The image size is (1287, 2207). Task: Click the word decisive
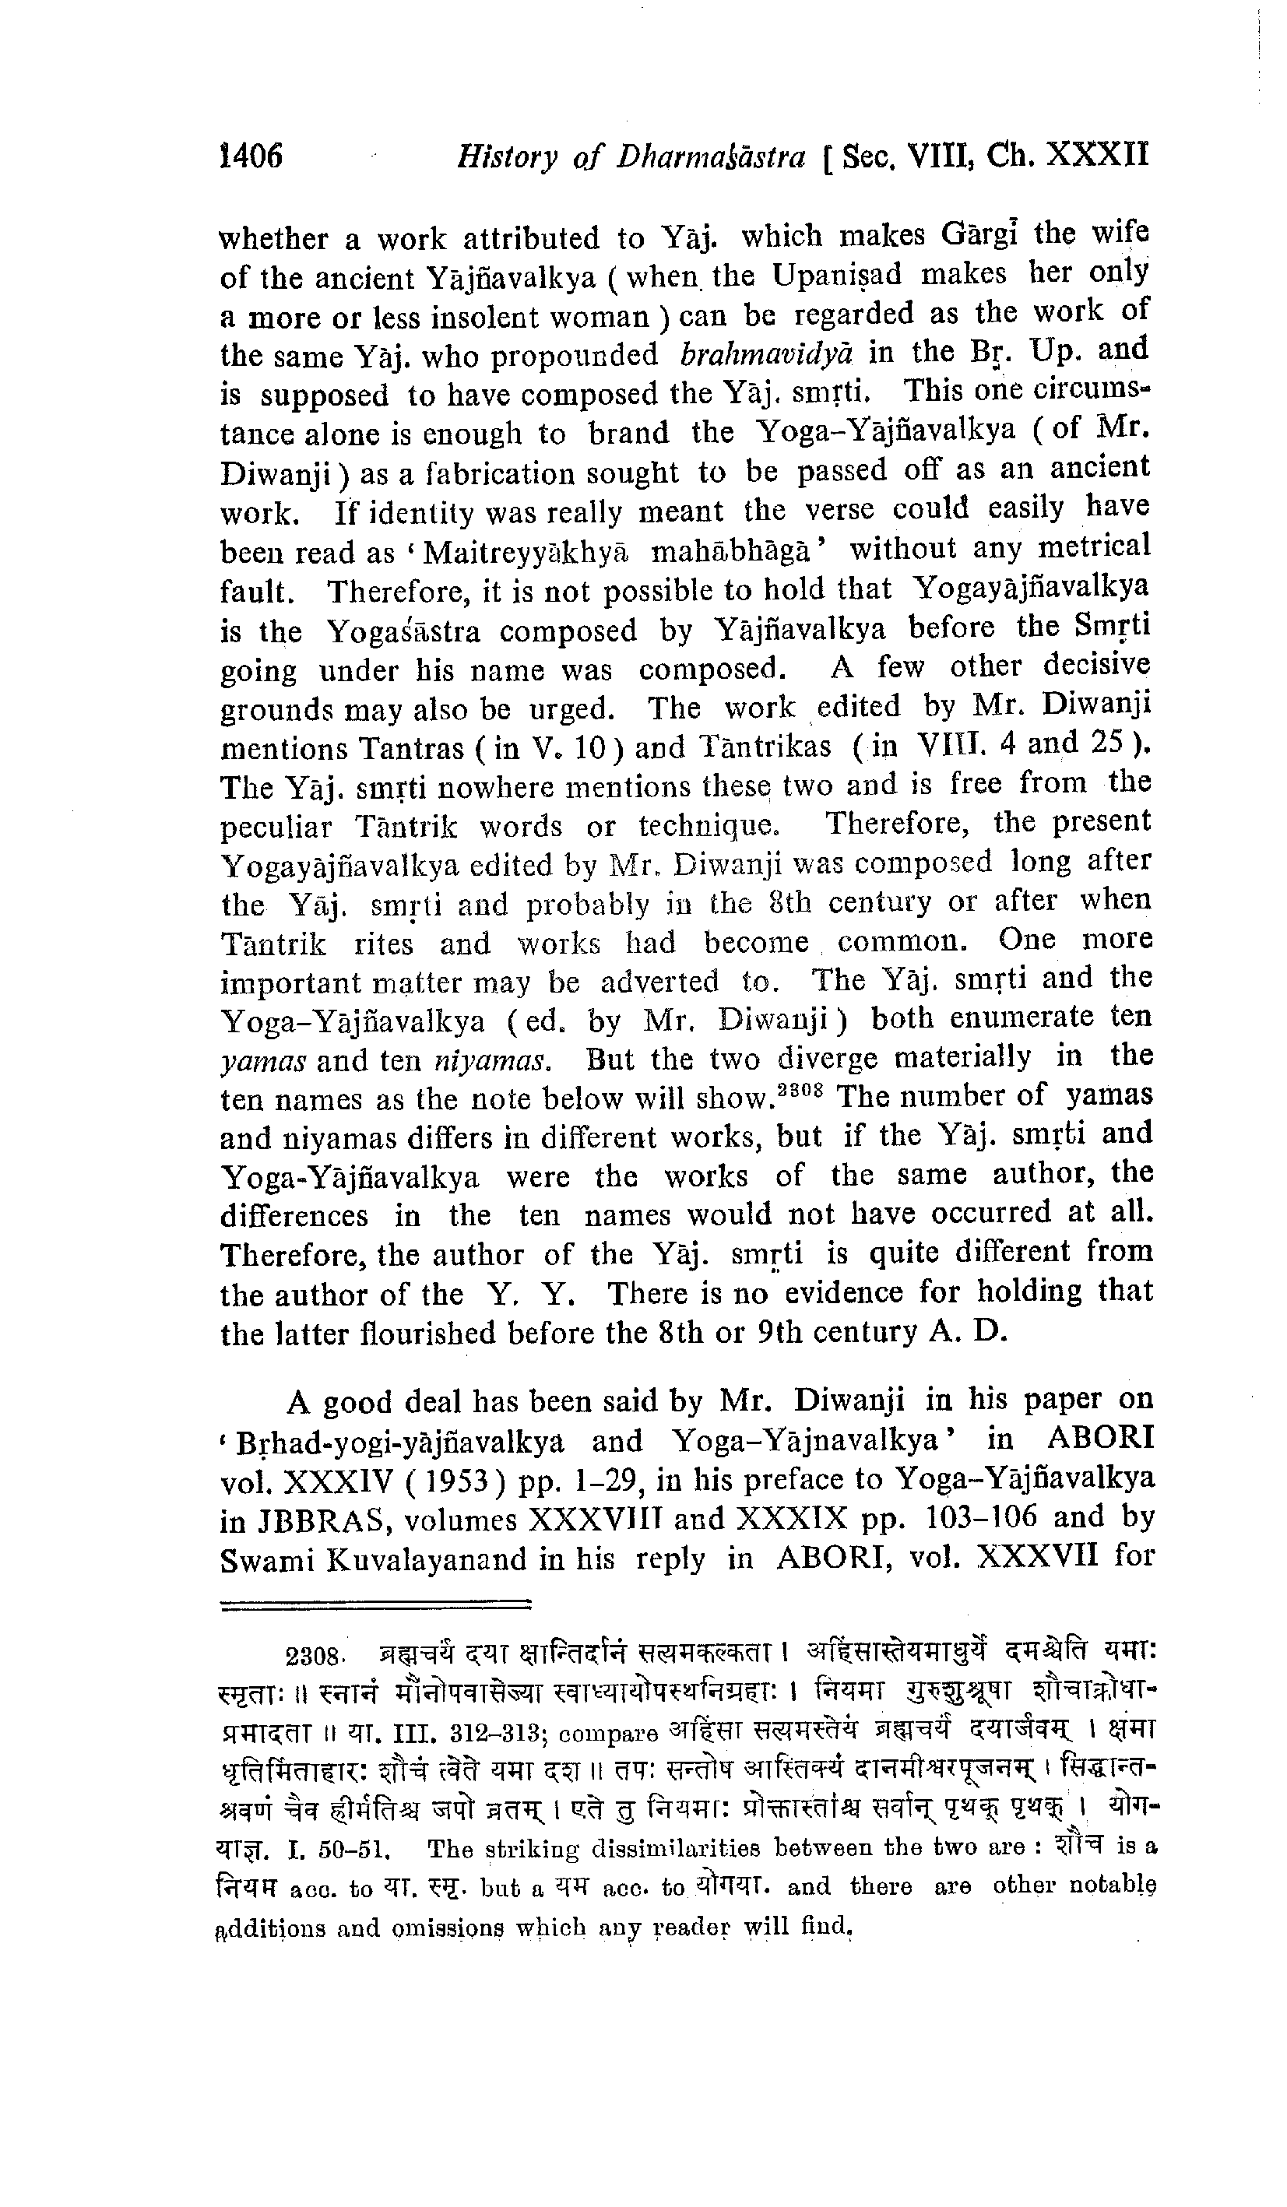point(1096,665)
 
